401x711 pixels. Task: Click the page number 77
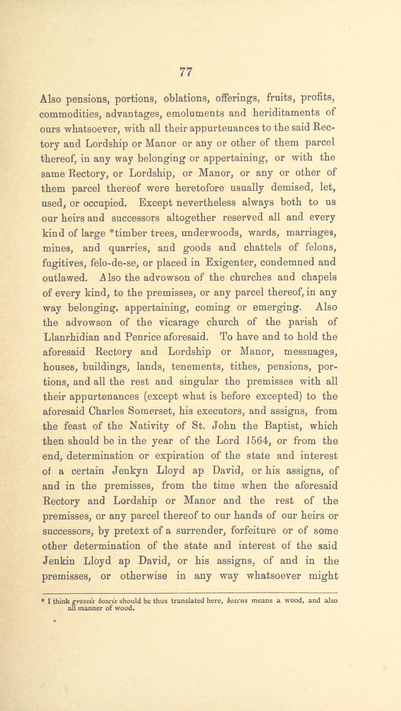tap(186, 72)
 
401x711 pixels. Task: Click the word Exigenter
tap(230, 262)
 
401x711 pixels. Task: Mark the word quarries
tap(129, 248)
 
